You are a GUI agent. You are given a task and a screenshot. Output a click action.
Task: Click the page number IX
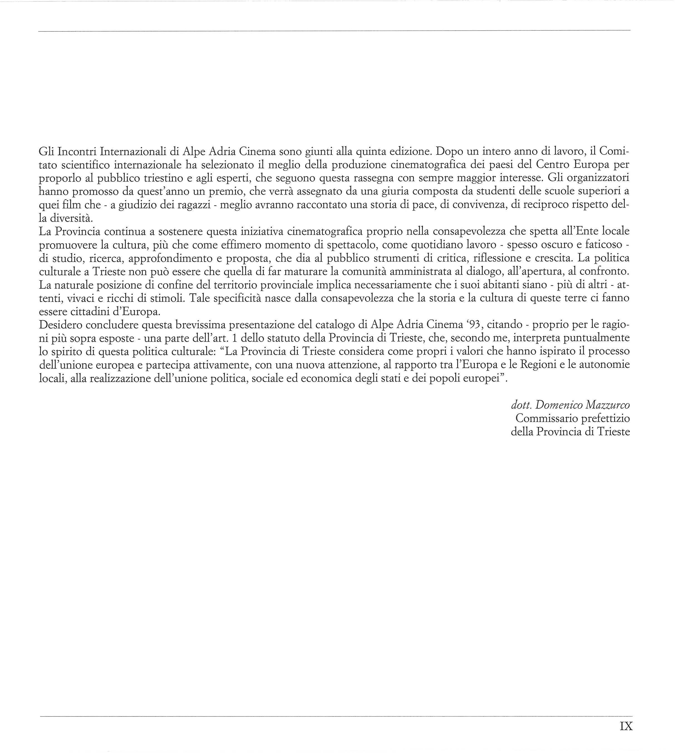(626, 726)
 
